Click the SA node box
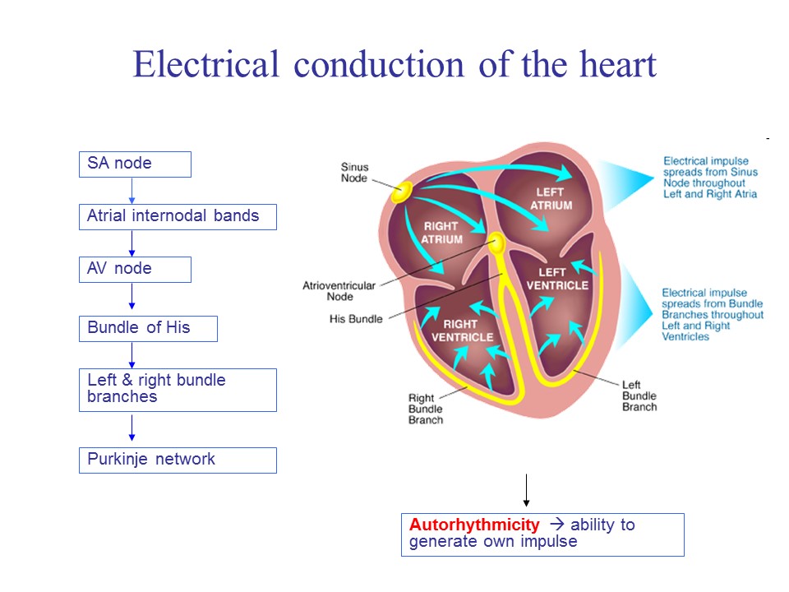click(x=135, y=164)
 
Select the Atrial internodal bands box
click(x=178, y=217)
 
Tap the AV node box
click(x=135, y=269)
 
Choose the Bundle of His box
click(x=148, y=328)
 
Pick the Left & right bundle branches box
click(x=178, y=389)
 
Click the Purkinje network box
click(x=178, y=460)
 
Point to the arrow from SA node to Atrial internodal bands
click(x=131, y=191)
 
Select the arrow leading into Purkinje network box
click(x=131, y=428)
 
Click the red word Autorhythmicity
click(x=474, y=525)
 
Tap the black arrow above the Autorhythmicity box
click(x=526, y=492)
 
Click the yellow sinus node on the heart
click(x=401, y=192)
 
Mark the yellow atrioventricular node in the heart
click(x=496, y=242)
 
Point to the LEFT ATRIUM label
click(x=551, y=198)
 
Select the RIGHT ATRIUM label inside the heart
click(x=441, y=233)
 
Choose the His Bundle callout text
click(x=356, y=319)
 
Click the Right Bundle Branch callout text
click(x=426, y=409)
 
